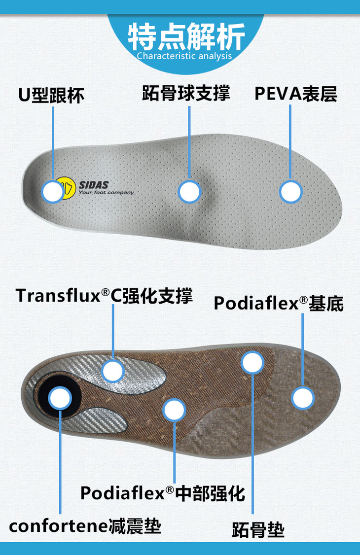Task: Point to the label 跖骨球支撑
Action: point(186,94)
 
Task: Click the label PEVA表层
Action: point(296,94)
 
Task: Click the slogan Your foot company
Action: point(106,193)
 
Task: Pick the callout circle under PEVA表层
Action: point(291,192)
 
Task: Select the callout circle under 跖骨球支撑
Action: point(189,192)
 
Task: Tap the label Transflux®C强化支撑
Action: point(104,296)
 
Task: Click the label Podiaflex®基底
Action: point(279,303)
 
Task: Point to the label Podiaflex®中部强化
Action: point(163,493)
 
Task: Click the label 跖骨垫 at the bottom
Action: point(258,531)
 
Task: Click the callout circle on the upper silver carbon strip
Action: point(113,371)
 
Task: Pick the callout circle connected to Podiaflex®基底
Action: point(302,398)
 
